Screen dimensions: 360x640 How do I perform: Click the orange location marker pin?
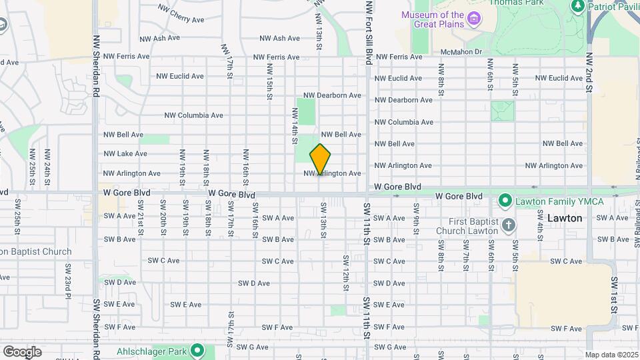[320, 159]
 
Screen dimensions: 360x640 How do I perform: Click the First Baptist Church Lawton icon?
[509, 225]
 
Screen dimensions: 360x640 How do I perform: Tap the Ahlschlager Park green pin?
[197, 350]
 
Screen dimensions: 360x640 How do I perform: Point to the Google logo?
[22, 351]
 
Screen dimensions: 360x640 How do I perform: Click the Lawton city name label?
[565, 218]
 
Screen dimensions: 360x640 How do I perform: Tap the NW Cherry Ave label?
[181, 13]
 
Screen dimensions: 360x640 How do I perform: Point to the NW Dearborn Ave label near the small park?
[332, 95]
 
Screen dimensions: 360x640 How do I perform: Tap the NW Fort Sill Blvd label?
[368, 33]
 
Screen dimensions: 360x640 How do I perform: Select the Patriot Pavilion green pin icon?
[578, 7]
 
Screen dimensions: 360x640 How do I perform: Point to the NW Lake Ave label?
[125, 153]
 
